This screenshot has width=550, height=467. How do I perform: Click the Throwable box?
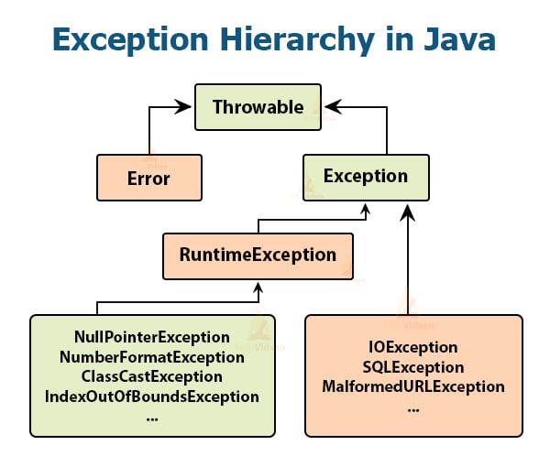click(258, 106)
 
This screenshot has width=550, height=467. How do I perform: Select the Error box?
click(148, 177)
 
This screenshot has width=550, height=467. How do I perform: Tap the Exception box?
click(366, 176)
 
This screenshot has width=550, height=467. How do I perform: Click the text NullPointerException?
click(152, 337)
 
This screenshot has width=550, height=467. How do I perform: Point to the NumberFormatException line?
click(152, 356)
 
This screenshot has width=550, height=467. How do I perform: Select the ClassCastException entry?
click(152, 376)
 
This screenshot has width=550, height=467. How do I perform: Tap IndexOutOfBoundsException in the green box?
click(152, 396)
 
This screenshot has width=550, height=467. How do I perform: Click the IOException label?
click(412, 347)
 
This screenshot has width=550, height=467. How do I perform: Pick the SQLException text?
click(412, 366)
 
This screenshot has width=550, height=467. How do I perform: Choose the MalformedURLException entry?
click(412, 386)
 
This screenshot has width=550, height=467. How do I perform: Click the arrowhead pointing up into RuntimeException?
click(260, 287)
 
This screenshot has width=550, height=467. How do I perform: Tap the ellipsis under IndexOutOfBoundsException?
click(152, 417)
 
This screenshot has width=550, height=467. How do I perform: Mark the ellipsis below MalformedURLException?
click(412, 407)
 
